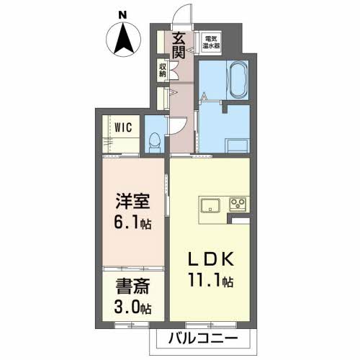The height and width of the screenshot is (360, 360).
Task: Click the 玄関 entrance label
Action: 179,46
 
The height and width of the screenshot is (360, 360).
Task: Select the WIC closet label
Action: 123,128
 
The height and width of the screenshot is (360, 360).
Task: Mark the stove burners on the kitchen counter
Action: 238,204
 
